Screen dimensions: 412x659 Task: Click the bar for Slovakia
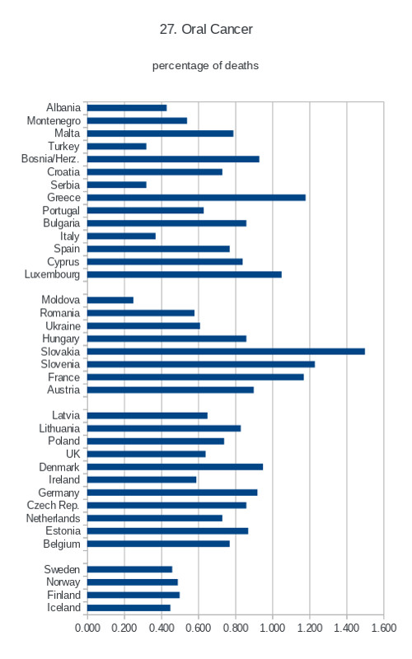coord(226,352)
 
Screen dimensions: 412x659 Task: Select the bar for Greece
coord(196,198)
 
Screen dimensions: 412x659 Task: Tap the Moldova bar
coord(110,300)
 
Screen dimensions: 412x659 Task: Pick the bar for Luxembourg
coord(185,274)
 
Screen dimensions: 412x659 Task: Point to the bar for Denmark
coord(176,467)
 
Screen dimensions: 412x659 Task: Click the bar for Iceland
coord(129,608)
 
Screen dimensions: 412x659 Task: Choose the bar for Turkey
coord(117,147)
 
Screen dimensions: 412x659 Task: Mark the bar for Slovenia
coord(201,364)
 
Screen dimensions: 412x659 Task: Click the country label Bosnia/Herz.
coord(50,159)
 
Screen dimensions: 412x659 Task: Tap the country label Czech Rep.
coord(53,505)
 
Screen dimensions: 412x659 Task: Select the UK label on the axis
coord(73,454)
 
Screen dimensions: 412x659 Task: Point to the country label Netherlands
coord(53,518)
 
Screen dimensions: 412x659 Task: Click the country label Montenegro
coord(54,121)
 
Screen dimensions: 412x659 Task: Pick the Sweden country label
coord(62,569)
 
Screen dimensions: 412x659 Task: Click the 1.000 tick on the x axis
coord(273,628)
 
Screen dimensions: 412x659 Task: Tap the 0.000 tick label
coord(87,628)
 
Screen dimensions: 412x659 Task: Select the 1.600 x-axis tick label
coord(383,628)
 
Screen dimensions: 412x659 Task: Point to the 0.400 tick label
coord(162,628)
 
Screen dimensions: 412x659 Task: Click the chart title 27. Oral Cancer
coord(206,29)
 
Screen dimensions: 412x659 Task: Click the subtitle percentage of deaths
coord(205,66)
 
